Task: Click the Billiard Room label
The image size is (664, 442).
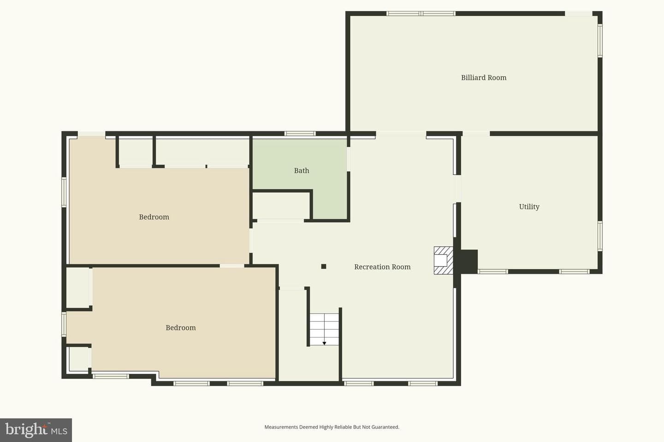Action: pyautogui.click(x=484, y=77)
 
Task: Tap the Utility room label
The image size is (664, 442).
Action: pyautogui.click(x=529, y=207)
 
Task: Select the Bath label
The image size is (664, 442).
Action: pyautogui.click(x=302, y=170)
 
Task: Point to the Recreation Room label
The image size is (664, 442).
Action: pyautogui.click(x=382, y=267)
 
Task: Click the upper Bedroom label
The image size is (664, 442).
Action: pyautogui.click(x=154, y=217)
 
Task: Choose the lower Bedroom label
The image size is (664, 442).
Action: pyautogui.click(x=181, y=328)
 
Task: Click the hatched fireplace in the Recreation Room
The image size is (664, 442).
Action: pyautogui.click(x=444, y=261)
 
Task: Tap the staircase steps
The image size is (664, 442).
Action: pyautogui.click(x=325, y=329)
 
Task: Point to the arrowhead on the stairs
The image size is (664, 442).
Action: pyautogui.click(x=324, y=343)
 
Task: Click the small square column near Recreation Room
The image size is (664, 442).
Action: pyautogui.click(x=324, y=267)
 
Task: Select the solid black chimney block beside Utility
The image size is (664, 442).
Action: pyautogui.click(x=468, y=261)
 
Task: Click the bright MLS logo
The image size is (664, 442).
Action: pyautogui.click(x=36, y=430)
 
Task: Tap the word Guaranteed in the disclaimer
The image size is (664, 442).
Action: pyautogui.click(x=385, y=427)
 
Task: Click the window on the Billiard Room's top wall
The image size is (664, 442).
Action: pyautogui.click(x=421, y=13)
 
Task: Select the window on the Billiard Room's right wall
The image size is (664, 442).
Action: pyautogui.click(x=600, y=41)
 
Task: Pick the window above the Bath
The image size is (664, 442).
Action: pyautogui.click(x=300, y=134)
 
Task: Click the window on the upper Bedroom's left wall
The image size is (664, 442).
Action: pyautogui.click(x=64, y=192)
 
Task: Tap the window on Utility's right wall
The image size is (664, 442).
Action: pyautogui.click(x=600, y=236)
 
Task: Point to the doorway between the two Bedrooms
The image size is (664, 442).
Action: pyautogui.click(x=232, y=266)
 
